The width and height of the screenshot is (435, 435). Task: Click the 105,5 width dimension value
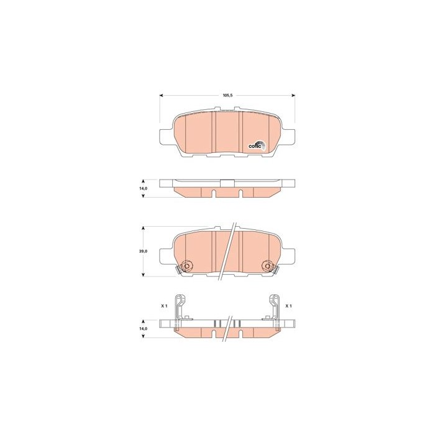coord(227,96)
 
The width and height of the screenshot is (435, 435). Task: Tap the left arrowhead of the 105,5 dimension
coord(162,96)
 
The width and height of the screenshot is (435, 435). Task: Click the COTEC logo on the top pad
coord(257,145)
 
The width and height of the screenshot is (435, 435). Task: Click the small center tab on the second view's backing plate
coord(227,182)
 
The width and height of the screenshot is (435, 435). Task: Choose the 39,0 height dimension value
coord(143,251)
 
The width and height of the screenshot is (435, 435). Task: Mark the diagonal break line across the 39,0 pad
coord(229,252)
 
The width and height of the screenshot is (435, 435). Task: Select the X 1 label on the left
coord(164,306)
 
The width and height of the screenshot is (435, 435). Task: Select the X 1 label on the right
coord(289,306)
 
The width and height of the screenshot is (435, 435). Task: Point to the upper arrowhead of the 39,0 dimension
coord(144,228)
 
